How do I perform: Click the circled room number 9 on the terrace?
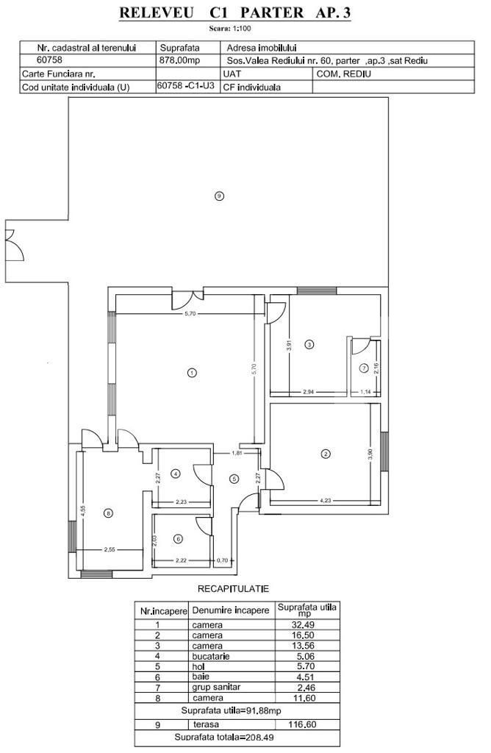point(218,196)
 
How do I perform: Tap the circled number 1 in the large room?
point(192,373)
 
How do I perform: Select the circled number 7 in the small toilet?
point(363,368)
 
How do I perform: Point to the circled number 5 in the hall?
point(234,479)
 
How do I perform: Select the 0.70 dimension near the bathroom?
point(222,560)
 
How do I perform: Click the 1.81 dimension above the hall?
point(237,453)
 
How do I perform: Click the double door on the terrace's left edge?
point(10,245)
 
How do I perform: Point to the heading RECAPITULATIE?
point(234,589)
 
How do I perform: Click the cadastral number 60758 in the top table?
point(49,60)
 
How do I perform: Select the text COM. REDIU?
point(344,74)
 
